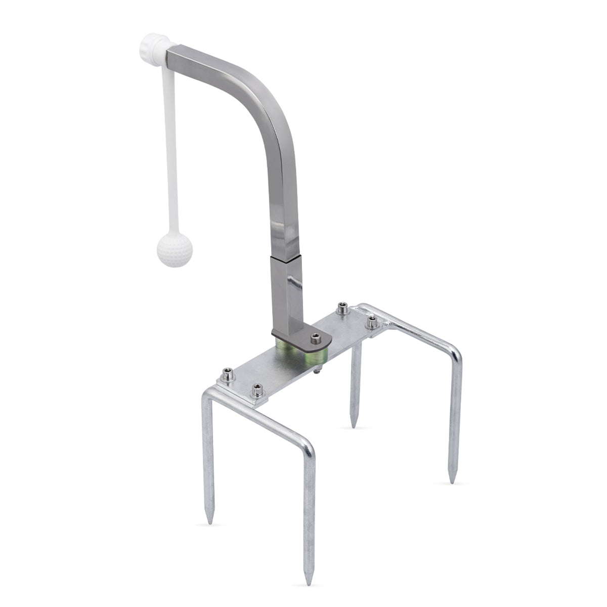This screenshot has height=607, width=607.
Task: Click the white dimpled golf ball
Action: click(175, 249)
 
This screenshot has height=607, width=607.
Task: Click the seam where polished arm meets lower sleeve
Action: click(286, 257)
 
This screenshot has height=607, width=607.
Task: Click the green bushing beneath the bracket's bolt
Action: click(315, 357)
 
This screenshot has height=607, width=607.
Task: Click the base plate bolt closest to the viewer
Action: click(258, 391)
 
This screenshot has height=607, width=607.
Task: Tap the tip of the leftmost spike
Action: click(209, 522)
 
